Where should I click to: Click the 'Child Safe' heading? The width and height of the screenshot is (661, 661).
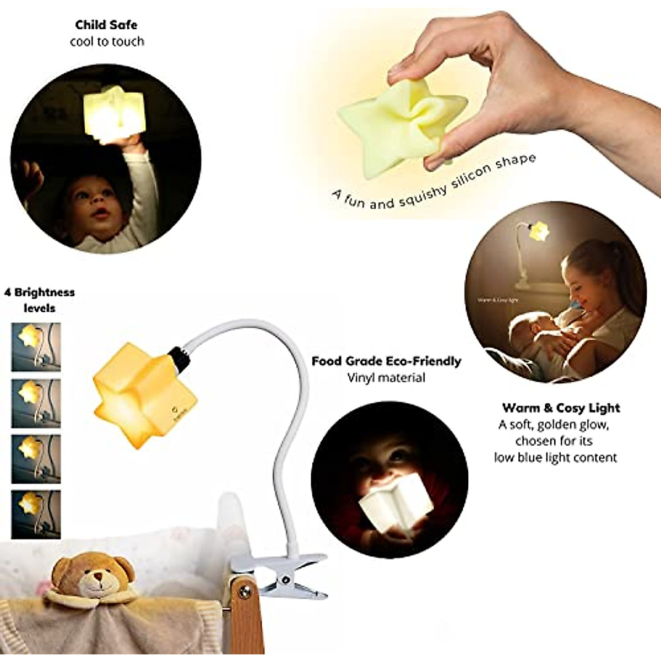(106, 25)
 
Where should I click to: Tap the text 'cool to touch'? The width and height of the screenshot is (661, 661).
(107, 42)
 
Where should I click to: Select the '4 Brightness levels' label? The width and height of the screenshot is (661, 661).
(40, 300)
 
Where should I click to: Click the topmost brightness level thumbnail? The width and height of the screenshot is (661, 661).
(36, 346)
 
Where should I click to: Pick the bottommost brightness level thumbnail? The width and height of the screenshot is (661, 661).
(36, 514)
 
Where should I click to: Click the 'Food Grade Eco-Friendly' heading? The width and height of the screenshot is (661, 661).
(386, 361)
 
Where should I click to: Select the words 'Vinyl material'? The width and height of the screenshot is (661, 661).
(386, 378)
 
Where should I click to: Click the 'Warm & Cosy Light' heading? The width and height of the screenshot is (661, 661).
(561, 408)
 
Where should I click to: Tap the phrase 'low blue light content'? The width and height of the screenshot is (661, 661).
(555, 457)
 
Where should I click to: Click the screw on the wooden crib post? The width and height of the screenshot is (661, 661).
(245, 593)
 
